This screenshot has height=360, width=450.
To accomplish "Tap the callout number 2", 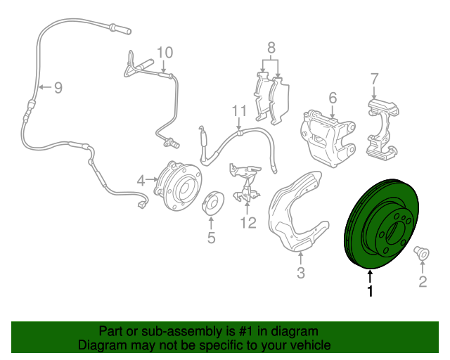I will pyautogui.click(x=423, y=282).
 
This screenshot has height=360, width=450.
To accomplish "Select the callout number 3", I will pyautogui.click(x=300, y=273).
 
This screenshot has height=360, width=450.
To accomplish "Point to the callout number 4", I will pyautogui.click(x=141, y=181).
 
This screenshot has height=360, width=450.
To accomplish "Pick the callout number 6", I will pyautogui.click(x=333, y=97).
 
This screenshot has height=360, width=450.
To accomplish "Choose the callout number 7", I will pyautogui.click(x=374, y=78).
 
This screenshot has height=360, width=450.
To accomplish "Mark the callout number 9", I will pyautogui.click(x=58, y=87).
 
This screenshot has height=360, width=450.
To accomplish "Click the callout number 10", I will pyautogui.click(x=164, y=52).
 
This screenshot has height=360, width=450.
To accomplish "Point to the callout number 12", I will pyautogui.click(x=247, y=223).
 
